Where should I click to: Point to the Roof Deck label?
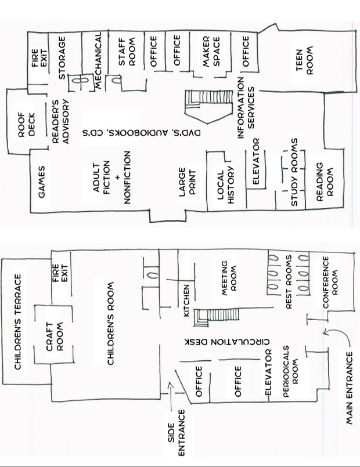[x=27, y=124]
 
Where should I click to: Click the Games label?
[x=42, y=182]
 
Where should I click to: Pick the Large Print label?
[x=187, y=182]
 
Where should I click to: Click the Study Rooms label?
[x=294, y=172]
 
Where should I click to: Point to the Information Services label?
[x=246, y=108]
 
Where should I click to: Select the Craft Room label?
[x=55, y=336]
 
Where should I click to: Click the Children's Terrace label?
[x=18, y=322]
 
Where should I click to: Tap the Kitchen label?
[x=186, y=301]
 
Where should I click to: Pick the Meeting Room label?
[x=229, y=278]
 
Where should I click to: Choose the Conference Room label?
[x=330, y=282]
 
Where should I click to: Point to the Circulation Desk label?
[x=227, y=342]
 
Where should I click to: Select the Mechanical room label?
[x=99, y=60]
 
